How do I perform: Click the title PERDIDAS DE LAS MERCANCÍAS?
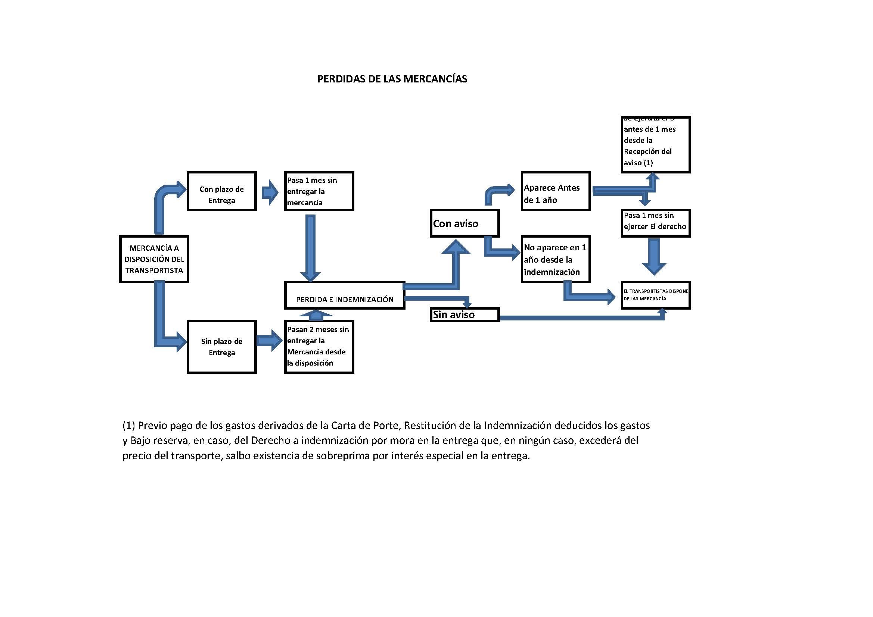click(392, 79)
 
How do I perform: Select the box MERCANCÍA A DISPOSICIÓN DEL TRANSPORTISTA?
click(154, 259)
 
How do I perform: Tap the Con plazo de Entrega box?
click(221, 191)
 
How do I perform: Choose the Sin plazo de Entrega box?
click(221, 347)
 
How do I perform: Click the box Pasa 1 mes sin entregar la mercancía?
click(319, 191)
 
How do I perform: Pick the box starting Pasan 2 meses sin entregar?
click(319, 347)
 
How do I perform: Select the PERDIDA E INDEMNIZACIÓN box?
click(345, 295)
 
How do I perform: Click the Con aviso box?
click(464, 223)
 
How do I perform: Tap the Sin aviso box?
click(464, 314)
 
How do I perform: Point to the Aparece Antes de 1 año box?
click(555, 191)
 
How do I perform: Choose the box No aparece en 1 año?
click(555, 259)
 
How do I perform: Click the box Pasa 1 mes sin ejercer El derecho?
click(655, 223)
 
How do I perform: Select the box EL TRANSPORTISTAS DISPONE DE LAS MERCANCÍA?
click(655, 295)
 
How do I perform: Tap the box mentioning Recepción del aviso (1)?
click(655, 145)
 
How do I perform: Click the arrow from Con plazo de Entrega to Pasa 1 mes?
click(270, 192)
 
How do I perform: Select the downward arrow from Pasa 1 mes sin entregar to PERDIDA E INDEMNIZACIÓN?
click(310, 247)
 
